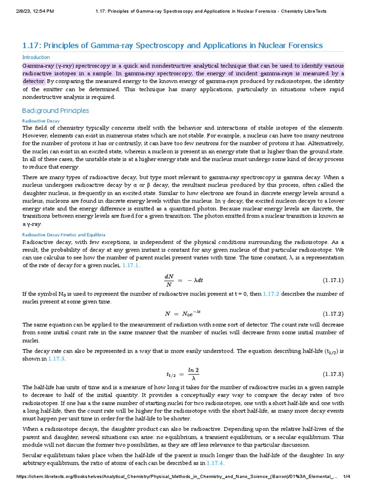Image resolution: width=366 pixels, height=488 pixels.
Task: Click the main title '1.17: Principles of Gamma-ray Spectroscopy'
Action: click(173, 46)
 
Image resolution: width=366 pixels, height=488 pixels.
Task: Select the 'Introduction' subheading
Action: click(36, 58)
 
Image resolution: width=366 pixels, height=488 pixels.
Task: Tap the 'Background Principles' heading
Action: click(56, 111)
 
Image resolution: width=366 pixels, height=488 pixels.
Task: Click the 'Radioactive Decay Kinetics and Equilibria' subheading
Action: click(64, 234)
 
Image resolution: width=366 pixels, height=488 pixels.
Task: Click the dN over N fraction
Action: click(169, 279)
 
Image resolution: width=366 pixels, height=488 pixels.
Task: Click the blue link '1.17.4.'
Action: click(215, 463)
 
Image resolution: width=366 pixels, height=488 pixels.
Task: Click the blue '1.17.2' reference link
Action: click(271, 294)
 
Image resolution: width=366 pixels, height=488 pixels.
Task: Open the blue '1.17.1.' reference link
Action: click(131, 265)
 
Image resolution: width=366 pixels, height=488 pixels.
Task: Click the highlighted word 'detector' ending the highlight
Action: click(34, 81)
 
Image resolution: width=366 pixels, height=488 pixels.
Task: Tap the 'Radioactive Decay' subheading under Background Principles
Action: click(41, 121)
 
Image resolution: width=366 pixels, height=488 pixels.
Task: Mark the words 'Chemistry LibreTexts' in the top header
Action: click(303, 11)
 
